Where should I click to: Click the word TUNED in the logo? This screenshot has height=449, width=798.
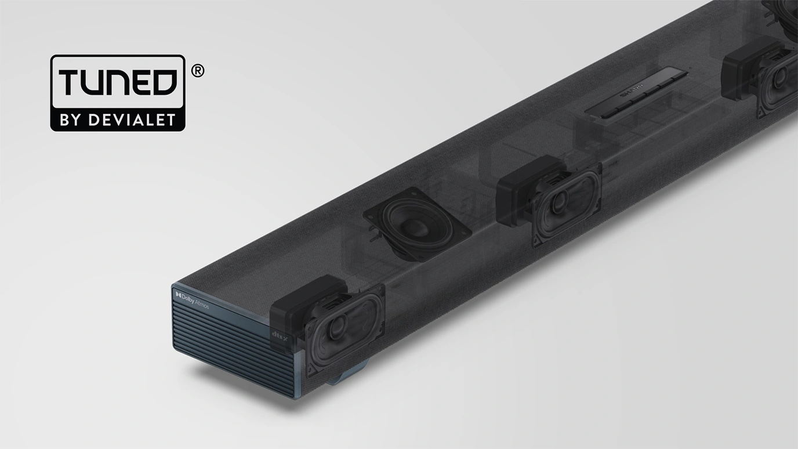[118, 82]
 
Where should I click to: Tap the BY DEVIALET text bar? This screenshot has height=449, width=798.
[118, 120]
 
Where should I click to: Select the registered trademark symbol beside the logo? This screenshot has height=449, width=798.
[197, 71]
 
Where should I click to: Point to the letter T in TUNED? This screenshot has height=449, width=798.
[67, 82]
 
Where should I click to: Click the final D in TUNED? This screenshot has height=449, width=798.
[165, 82]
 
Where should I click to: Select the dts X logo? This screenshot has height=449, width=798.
[278, 335]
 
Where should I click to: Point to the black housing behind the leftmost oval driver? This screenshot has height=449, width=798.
[302, 305]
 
